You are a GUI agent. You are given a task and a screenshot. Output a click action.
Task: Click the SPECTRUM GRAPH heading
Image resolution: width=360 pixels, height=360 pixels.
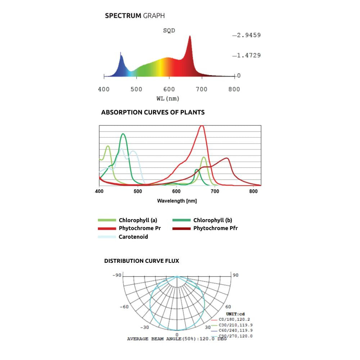tap(135, 16)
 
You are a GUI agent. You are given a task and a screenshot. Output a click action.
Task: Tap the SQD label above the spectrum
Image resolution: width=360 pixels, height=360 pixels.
tap(169, 31)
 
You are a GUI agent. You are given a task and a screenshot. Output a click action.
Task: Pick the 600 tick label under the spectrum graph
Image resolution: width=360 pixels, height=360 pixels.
tap(169, 89)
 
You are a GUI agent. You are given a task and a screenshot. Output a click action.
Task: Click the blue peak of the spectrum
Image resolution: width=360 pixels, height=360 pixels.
tap(121, 55)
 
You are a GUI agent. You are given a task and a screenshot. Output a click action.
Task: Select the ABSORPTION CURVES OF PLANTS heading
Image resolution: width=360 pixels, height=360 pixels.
tap(153, 112)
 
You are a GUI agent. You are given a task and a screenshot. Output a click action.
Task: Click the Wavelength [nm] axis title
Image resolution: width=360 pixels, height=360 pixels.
tap(177, 201)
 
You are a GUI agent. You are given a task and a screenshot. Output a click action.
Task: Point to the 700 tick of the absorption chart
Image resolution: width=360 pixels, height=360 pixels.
tap(214, 192)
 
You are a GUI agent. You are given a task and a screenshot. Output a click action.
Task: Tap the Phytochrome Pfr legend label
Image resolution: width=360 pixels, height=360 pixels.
tap(215, 228)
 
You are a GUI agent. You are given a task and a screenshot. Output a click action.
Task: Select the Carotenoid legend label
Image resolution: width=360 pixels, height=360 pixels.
tap(133, 237)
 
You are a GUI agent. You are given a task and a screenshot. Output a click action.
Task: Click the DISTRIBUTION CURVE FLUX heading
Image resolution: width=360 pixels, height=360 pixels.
tap(141, 261)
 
